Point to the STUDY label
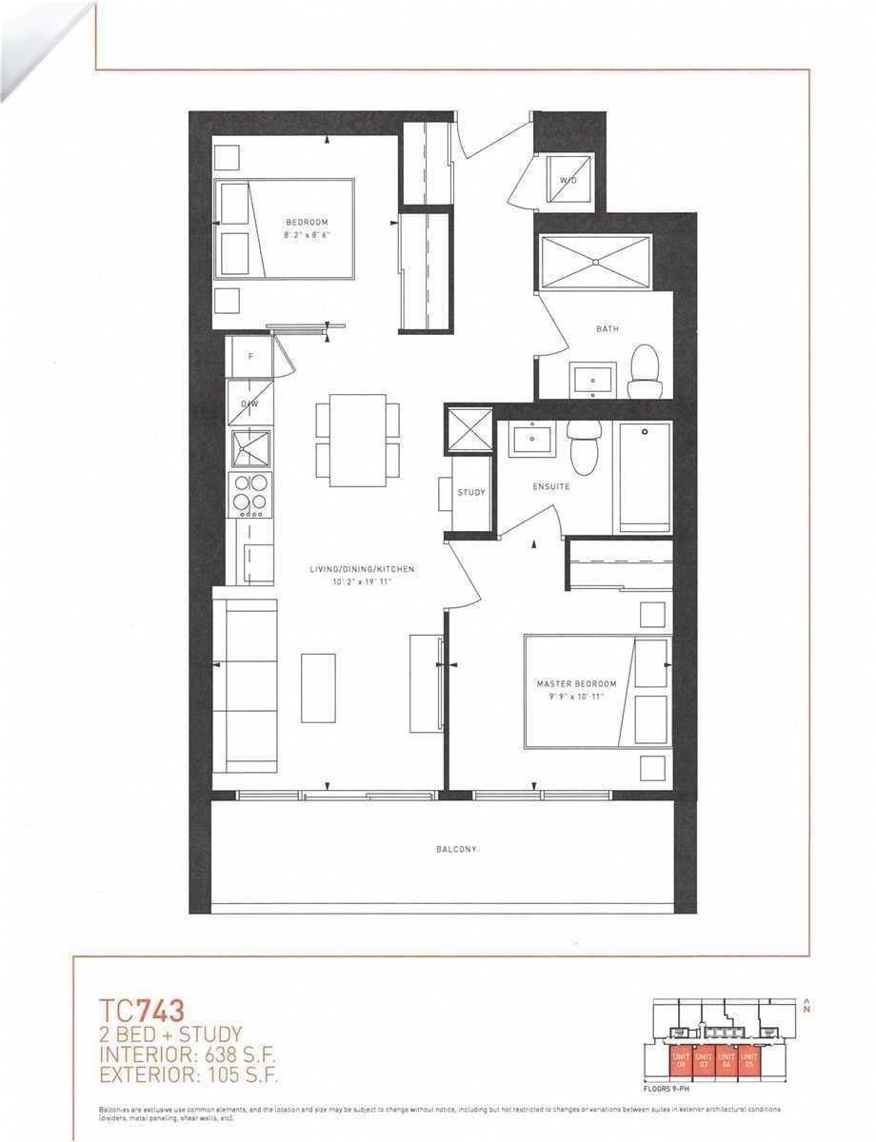pyautogui.click(x=471, y=493)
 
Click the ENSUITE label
pyautogui.click(x=550, y=486)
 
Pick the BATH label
pyautogui.click(x=607, y=329)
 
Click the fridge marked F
pyautogui.click(x=249, y=357)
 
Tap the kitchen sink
pyautogui.click(x=251, y=448)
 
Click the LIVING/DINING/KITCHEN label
pyautogui.click(x=361, y=570)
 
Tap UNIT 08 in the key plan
pyautogui.click(x=680, y=1058)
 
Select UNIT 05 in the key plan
pyautogui.click(x=749, y=1058)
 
